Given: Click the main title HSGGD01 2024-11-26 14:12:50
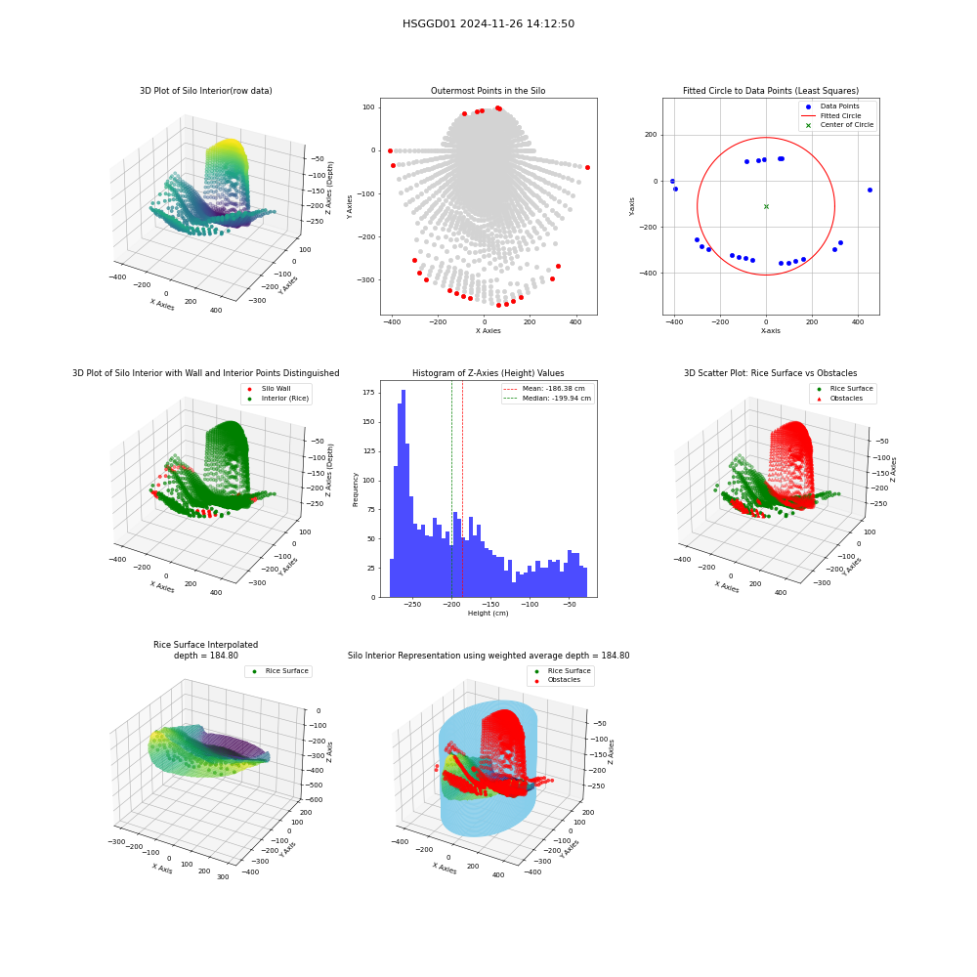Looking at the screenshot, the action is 488,23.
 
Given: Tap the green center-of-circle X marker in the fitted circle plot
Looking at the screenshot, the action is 766,206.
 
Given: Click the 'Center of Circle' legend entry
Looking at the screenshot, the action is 838,125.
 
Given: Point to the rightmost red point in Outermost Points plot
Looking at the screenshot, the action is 587,168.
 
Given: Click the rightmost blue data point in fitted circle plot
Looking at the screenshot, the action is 870,191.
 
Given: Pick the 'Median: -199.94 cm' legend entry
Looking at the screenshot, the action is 548,399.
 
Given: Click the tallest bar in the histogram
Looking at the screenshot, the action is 404,493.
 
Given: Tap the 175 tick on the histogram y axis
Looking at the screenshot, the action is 368,393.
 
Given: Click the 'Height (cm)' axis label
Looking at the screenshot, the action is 488,614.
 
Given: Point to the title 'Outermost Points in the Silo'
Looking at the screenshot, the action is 488,91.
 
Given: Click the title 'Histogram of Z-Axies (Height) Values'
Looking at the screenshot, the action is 488,373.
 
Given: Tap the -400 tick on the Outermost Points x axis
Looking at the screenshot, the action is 392,322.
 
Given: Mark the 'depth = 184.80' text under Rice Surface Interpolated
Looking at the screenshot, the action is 205,656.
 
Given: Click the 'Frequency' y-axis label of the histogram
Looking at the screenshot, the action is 356,489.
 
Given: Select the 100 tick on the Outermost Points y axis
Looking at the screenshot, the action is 369,107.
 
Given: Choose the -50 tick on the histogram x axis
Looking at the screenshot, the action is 569,605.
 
